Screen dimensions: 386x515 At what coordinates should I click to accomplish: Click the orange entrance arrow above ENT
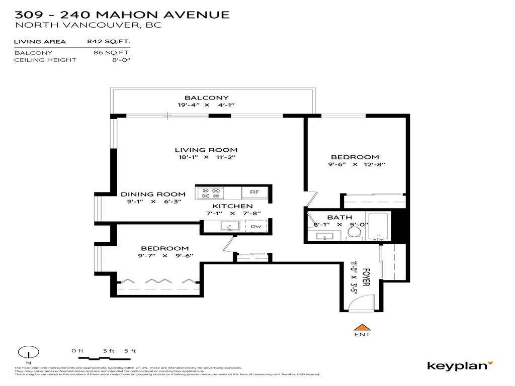tap(362, 326)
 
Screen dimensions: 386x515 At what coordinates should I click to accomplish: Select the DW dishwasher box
tap(256, 227)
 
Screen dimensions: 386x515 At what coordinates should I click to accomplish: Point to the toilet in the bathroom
tap(354, 232)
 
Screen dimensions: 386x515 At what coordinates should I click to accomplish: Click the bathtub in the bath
tap(379, 227)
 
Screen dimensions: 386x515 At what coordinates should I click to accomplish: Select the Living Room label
tap(206, 150)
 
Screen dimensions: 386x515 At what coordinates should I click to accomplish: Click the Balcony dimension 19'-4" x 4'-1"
tap(206, 105)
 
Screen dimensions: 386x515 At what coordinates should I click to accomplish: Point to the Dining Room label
tap(153, 195)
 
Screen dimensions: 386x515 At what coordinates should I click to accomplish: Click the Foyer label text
tap(366, 277)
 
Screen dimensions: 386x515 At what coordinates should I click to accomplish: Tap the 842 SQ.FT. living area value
tap(109, 42)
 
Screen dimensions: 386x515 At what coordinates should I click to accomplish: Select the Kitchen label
tap(232, 206)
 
